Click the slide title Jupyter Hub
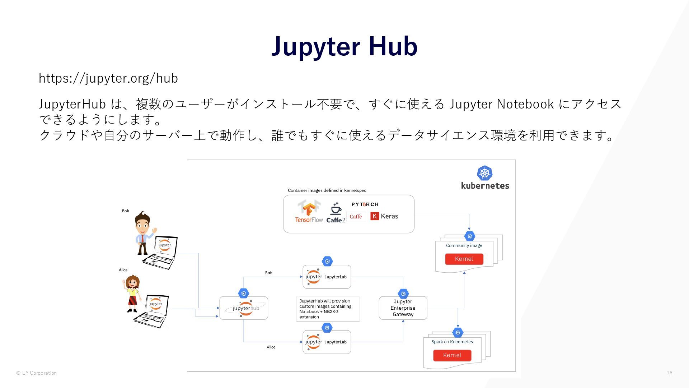[x=344, y=46]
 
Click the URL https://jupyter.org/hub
[x=108, y=78]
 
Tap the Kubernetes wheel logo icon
[x=484, y=173]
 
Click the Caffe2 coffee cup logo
[x=336, y=213]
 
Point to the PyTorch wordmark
[x=365, y=204]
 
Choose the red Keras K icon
[x=375, y=216]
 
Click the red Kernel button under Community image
[x=464, y=259]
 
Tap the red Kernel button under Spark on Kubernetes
[x=452, y=355]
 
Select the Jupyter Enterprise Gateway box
[x=403, y=308]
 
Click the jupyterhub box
[x=244, y=308]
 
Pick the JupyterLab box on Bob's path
[x=327, y=277]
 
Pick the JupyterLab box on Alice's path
[x=327, y=342]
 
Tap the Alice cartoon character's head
[x=133, y=282]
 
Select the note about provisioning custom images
[x=328, y=309]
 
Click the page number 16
[x=669, y=373]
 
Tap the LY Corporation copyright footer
[x=37, y=373]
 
